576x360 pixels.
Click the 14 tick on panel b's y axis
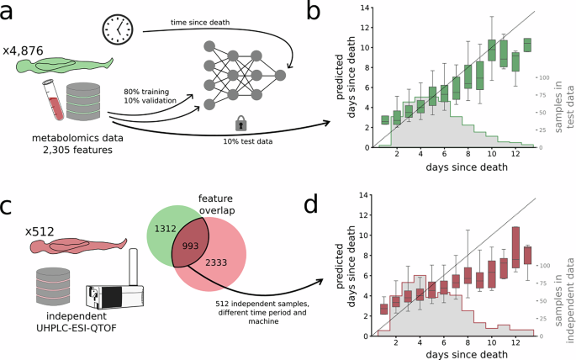(x=364, y=8)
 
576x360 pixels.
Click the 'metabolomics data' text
(x=82, y=139)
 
